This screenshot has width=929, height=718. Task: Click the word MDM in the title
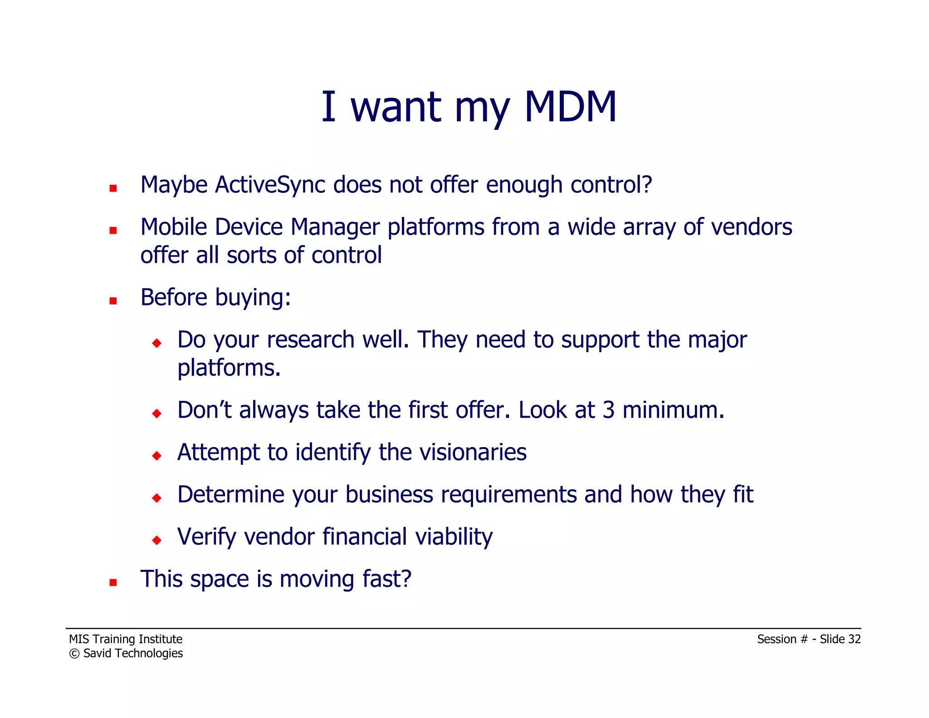point(570,107)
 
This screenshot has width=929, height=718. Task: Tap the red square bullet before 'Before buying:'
point(113,300)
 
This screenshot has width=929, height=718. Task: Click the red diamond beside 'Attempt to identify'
point(157,455)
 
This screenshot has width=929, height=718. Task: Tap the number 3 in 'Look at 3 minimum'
point(608,410)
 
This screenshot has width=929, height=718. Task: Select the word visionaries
point(452,452)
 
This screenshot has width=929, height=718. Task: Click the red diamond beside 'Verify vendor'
point(157,540)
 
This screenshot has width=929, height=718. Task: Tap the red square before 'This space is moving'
point(113,582)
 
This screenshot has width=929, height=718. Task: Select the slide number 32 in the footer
point(854,639)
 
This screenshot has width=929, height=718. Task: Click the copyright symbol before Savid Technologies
point(74,654)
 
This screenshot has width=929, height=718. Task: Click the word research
point(311,340)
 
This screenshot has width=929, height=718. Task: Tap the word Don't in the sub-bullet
point(204,410)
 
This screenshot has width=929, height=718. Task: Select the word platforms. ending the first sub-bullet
point(229,369)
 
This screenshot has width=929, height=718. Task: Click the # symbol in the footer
point(804,639)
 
